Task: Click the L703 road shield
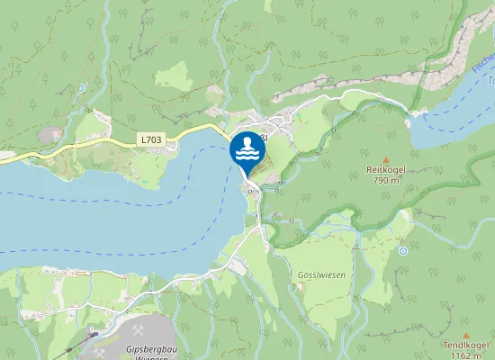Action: point(152,139)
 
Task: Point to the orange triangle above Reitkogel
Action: point(386,158)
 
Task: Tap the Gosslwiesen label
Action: point(319,249)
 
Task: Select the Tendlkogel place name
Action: point(465,345)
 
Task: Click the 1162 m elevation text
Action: point(466,355)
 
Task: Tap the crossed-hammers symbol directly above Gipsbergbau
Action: point(139,330)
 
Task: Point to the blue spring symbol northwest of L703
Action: point(81,87)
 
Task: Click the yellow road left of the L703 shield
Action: point(99,142)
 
